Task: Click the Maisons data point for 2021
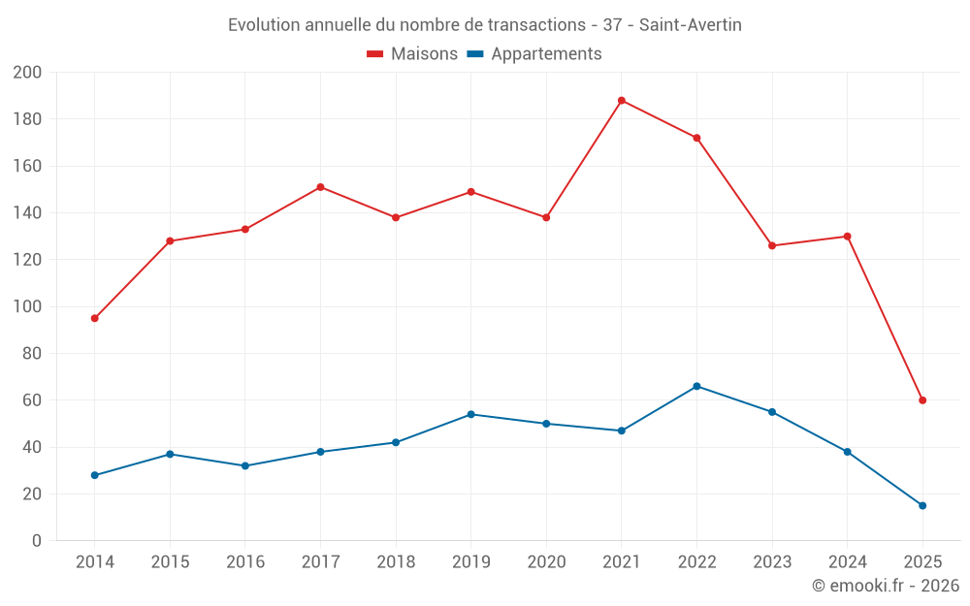click(x=622, y=101)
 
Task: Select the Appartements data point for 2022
click(x=696, y=386)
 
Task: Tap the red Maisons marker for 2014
click(x=95, y=318)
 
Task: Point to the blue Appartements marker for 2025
click(x=922, y=505)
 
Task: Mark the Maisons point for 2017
click(x=320, y=187)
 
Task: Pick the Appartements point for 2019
click(x=471, y=414)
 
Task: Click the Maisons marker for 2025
click(x=922, y=400)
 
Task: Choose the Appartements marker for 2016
click(x=245, y=465)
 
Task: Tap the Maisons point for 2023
click(x=772, y=245)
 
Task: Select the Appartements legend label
click(x=546, y=54)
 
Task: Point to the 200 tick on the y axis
click(x=27, y=73)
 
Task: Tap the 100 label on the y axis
click(x=27, y=306)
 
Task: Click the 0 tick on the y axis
click(x=36, y=540)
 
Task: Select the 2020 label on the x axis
click(x=546, y=562)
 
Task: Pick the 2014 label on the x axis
click(x=95, y=562)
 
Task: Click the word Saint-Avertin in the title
click(x=695, y=25)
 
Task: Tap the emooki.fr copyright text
click(x=886, y=586)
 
